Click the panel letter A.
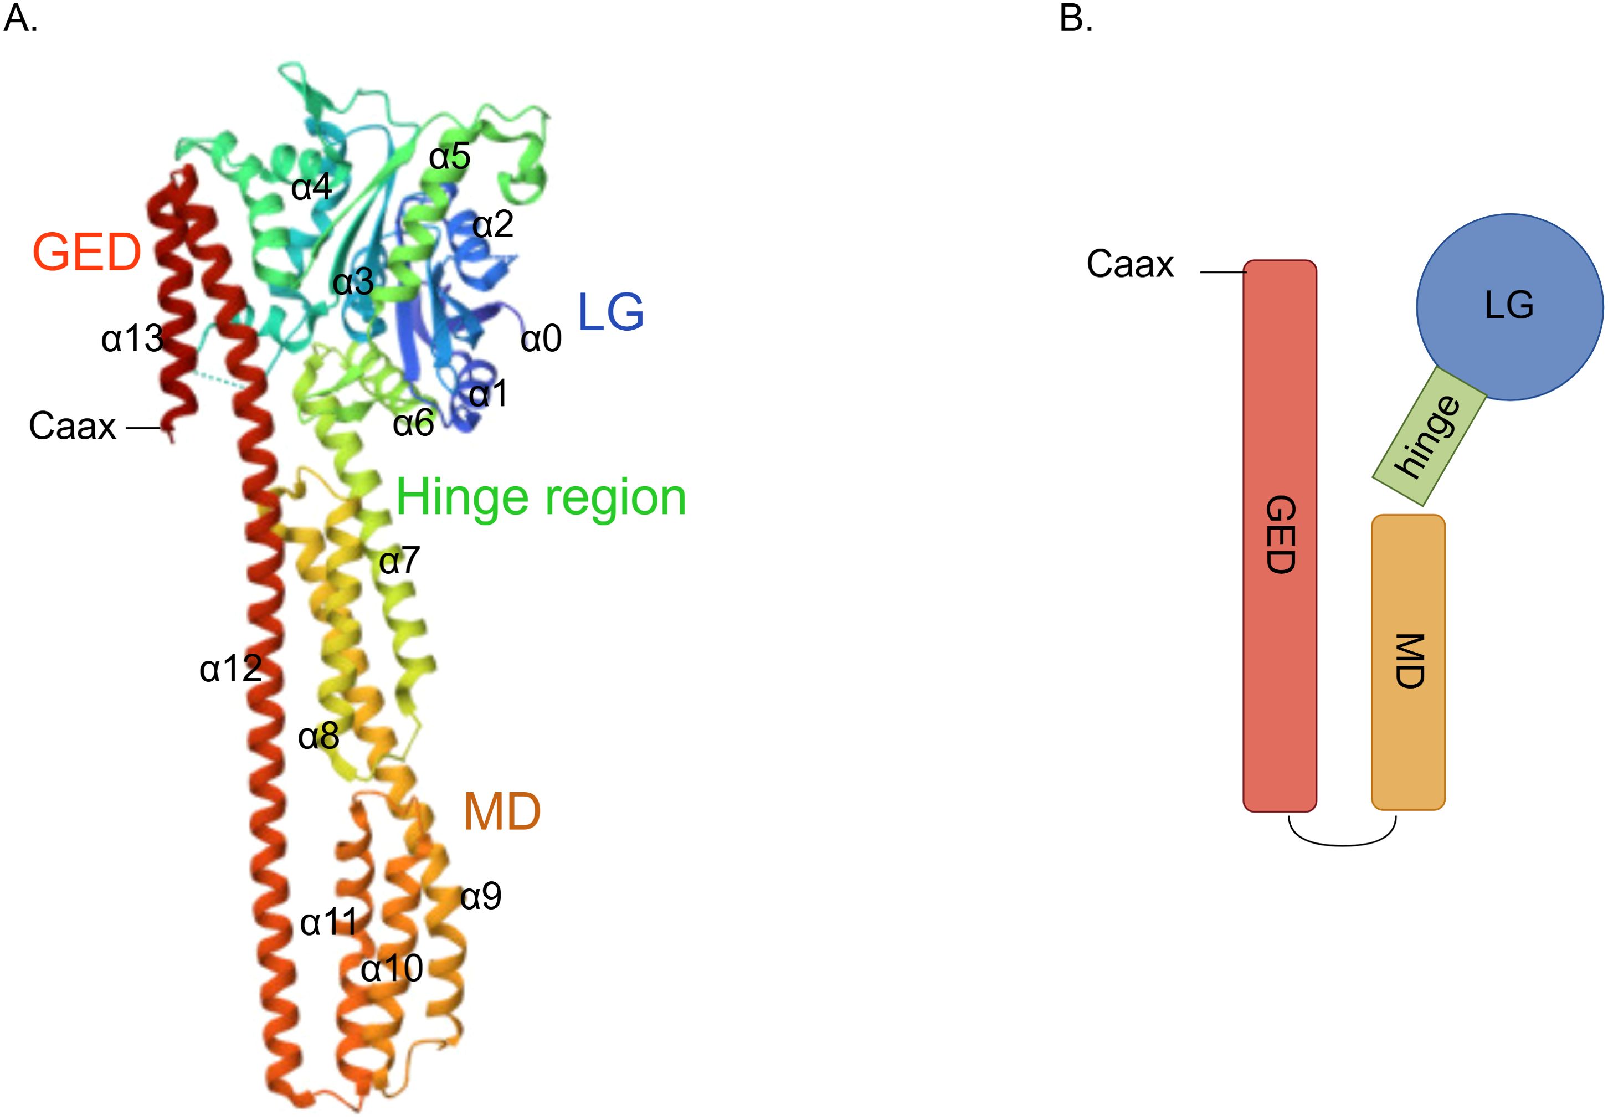click(19, 19)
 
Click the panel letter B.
click(1076, 19)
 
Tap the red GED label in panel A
click(87, 253)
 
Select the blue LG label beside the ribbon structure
click(610, 312)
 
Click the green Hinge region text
click(541, 499)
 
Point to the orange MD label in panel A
click(502, 812)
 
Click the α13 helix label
click(132, 339)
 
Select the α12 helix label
click(230, 669)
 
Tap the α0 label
click(541, 339)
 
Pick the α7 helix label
click(399, 561)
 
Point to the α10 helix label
click(392, 969)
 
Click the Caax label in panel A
click(72, 426)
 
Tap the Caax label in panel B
click(1129, 265)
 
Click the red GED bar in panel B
click(1280, 536)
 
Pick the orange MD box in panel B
click(1407, 662)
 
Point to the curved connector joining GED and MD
click(1343, 844)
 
